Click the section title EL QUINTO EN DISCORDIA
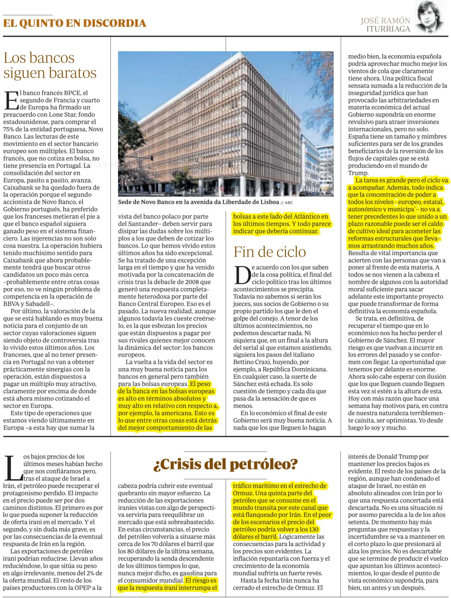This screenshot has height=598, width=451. point(75,24)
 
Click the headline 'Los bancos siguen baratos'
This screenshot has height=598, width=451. point(50,65)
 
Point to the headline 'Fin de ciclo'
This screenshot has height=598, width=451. point(270,252)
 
